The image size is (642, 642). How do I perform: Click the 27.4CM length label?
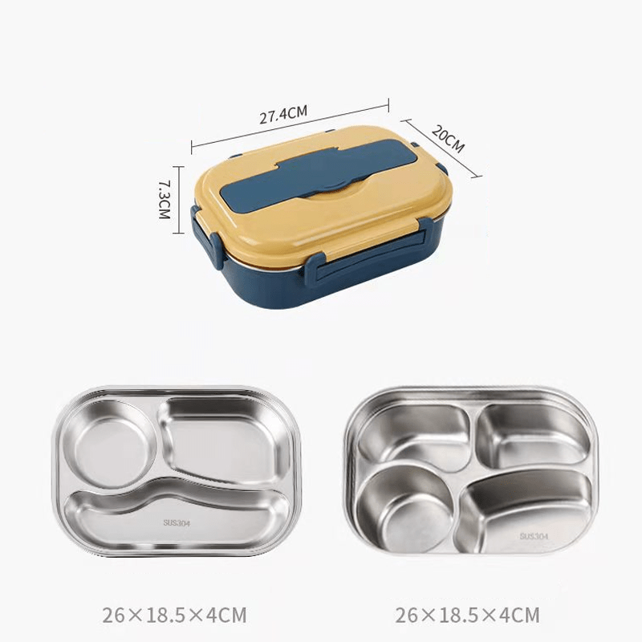click(x=283, y=115)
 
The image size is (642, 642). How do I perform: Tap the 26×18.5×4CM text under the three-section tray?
click(x=174, y=616)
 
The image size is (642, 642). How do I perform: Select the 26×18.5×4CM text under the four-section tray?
click(x=468, y=616)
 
